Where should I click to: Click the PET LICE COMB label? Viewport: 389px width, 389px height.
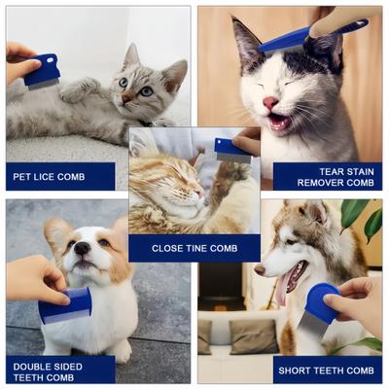click(x=59, y=176)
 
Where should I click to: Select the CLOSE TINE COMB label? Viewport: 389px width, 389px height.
click(x=194, y=248)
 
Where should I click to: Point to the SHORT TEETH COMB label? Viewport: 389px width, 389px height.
click(x=327, y=370)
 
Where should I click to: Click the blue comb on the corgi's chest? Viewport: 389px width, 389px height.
click(x=65, y=307)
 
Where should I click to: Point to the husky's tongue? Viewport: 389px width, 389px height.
click(x=283, y=288)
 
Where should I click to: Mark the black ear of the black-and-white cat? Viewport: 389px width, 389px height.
click(x=245, y=41)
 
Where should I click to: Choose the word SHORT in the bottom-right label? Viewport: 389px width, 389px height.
click(x=297, y=370)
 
